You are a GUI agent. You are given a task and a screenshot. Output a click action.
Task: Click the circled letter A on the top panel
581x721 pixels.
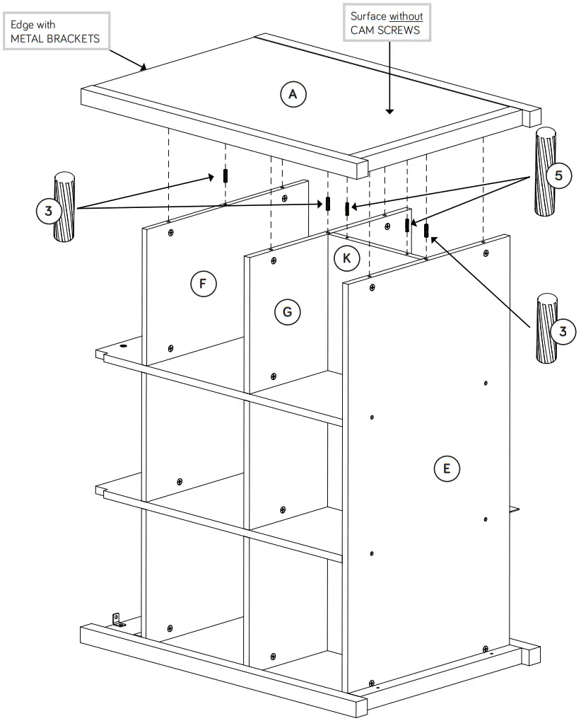pyautogui.click(x=293, y=94)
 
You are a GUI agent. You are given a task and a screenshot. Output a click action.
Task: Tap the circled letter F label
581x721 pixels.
pyautogui.click(x=202, y=284)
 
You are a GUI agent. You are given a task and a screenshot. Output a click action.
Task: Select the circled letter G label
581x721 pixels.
pyautogui.click(x=287, y=311)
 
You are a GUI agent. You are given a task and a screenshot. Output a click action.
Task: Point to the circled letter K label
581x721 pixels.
pyautogui.click(x=346, y=258)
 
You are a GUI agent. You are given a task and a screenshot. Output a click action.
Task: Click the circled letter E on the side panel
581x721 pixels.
pyautogui.click(x=447, y=468)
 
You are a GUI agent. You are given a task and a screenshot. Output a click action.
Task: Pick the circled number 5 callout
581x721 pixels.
pyautogui.click(x=558, y=175)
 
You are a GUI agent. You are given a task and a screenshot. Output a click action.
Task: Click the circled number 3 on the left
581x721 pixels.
pyautogui.click(x=49, y=211)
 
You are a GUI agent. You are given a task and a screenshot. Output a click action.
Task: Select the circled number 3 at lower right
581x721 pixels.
pyautogui.click(x=563, y=331)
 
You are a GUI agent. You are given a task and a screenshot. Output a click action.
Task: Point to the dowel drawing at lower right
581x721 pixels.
pyautogui.click(x=546, y=328)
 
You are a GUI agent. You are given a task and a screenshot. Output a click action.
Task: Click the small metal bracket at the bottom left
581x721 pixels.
pyautogui.click(x=118, y=621)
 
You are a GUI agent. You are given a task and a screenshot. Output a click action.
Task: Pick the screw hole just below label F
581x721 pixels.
pyautogui.click(x=170, y=348)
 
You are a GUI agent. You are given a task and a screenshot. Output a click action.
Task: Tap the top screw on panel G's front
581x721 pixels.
pyautogui.click(x=274, y=260)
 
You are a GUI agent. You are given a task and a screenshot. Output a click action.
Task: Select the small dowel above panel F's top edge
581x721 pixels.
pyautogui.click(x=225, y=175)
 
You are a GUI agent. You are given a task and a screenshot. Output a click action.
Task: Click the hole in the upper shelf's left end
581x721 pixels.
pyautogui.click(x=123, y=347)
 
